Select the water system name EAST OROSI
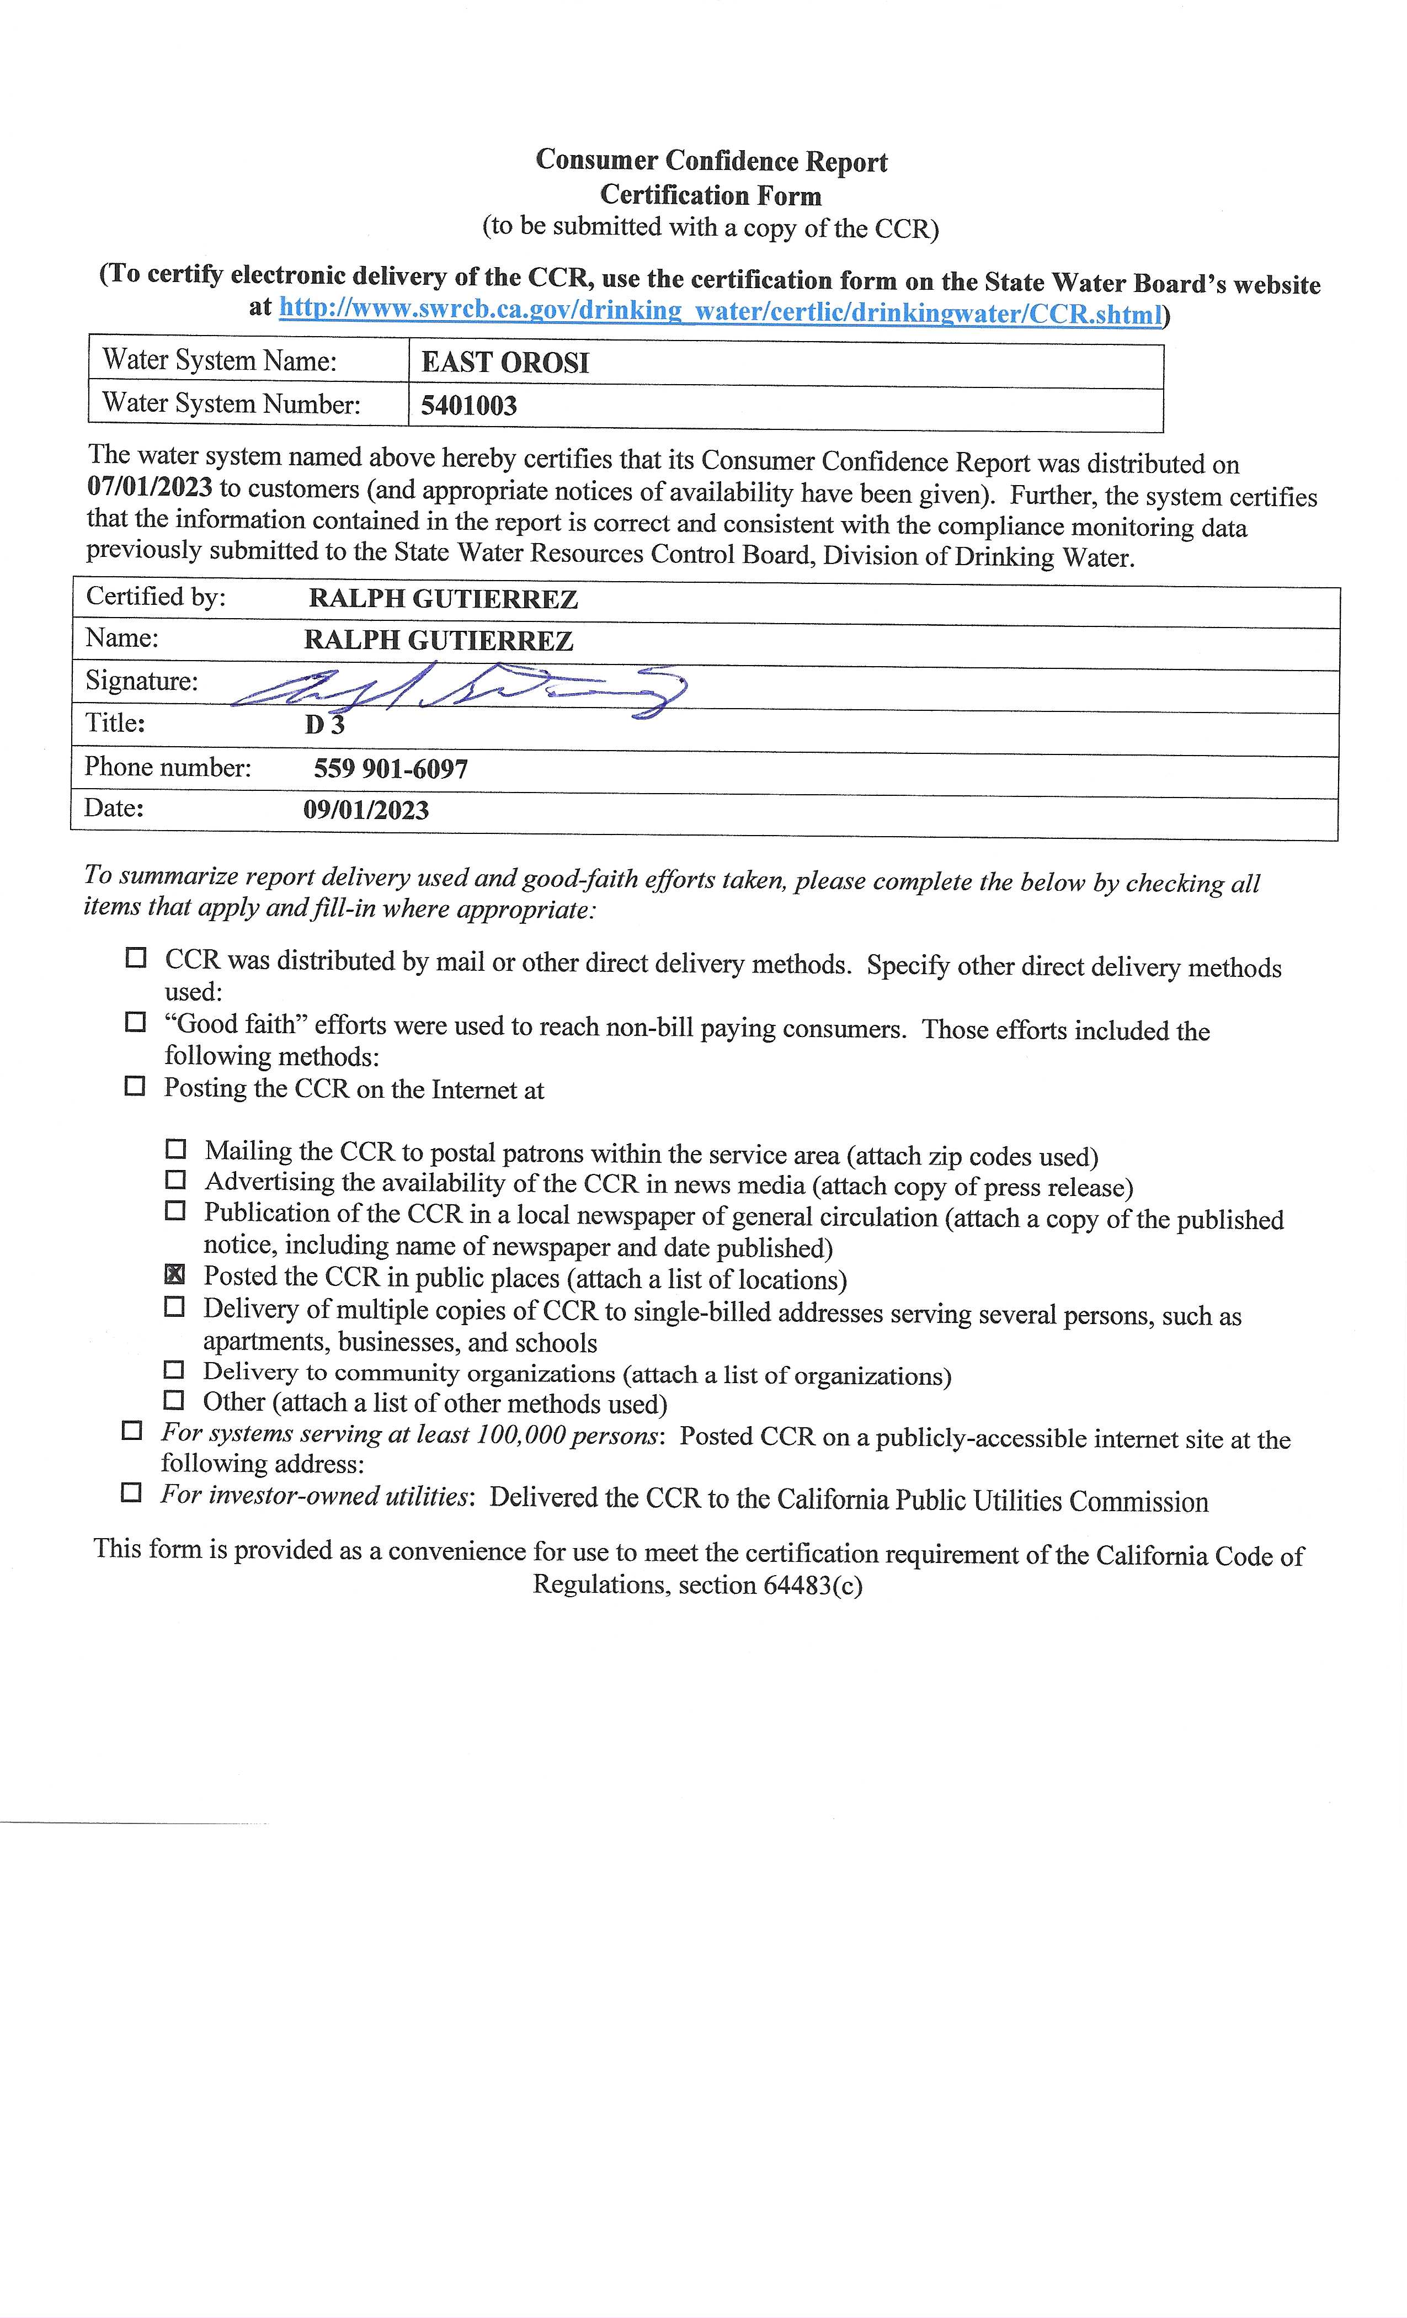[x=505, y=363]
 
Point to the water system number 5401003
[x=468, y=406]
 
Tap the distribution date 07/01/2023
[x=150, y=488]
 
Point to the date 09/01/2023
[x=366, y=810]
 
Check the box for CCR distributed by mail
[x=136, y=958]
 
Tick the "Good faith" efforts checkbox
[x=135, y=1022]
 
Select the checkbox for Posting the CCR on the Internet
[x=135, y=1086]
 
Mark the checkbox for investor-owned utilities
[x=132, y=1492]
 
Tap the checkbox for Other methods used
[x=174, y=1400]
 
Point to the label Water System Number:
[x=231, y=403]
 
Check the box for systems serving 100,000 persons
[x=132, y=1431]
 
